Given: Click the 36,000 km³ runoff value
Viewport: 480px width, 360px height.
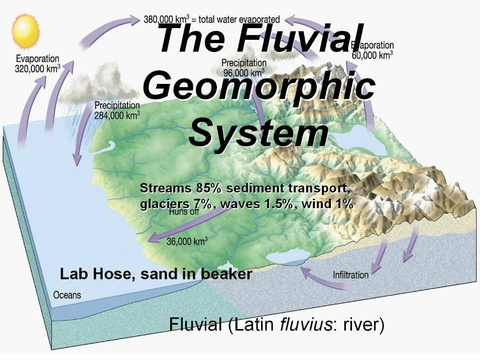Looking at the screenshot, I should [187, 242].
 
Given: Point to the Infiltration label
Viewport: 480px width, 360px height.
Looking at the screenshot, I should [351, 275].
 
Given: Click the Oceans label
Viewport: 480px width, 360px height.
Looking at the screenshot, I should [67, 295].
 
